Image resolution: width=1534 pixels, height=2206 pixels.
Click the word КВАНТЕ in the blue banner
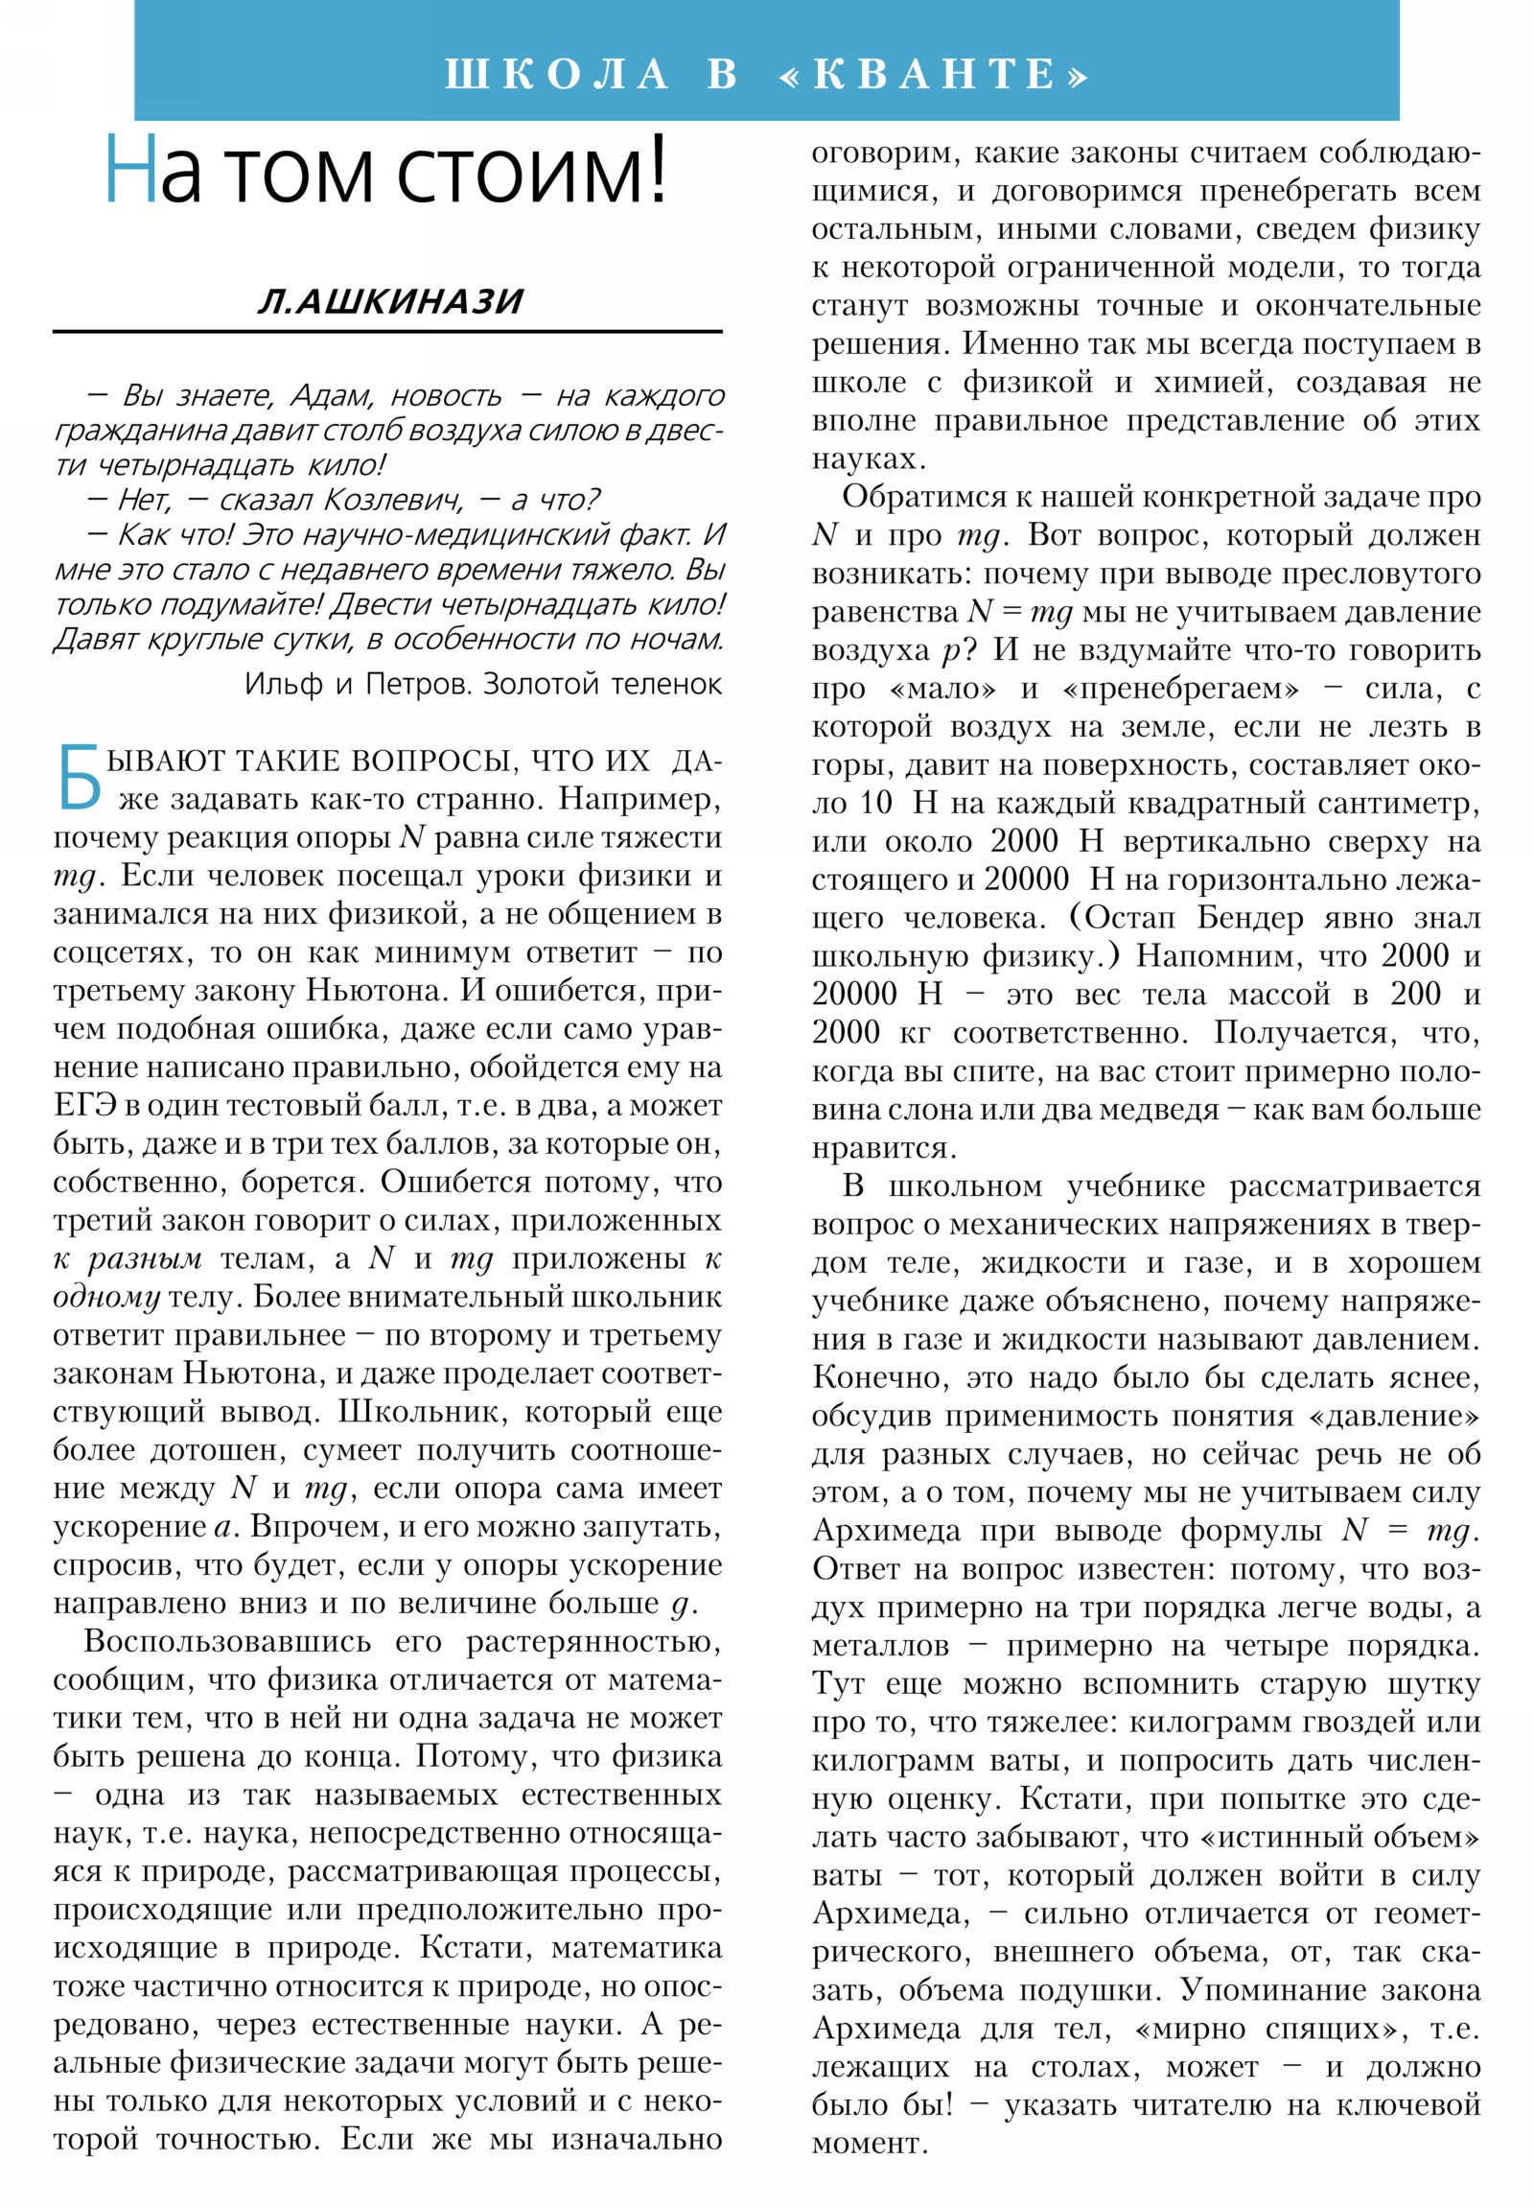coord(937,74)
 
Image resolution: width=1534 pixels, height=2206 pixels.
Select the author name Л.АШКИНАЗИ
coord(390,302)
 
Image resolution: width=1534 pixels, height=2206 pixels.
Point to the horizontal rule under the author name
coord(387,332)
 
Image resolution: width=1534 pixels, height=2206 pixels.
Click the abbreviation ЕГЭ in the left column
coord(84,1106)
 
